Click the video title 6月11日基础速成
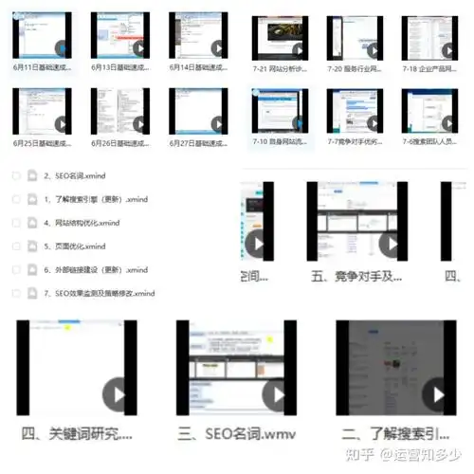pyautogui.click(x=45, y=67)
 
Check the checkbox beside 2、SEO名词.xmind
pyautogui.click(x=15, y=176)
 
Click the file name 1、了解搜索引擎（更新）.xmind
pyautogui.click(x=97, y=200)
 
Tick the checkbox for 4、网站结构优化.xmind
pyautogui.click(x=15, y=223)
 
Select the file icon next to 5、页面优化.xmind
pyautogui.click(x=31, y=246)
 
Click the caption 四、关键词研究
pyautogui.click(x=76, y=434)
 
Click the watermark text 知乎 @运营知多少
pyautogui.click(x=418, y=454)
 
